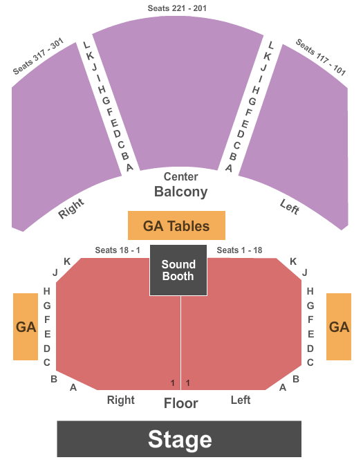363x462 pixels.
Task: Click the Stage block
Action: pos(179,438)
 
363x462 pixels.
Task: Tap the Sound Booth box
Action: pos(178,270)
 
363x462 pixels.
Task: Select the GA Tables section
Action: pos(176,225)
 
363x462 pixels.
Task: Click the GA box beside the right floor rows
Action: pos(26,326)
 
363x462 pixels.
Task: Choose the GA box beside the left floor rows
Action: pos(339,326)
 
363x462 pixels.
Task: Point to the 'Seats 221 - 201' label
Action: pos(177,8)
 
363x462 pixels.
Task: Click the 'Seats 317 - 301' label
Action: pos(38,56)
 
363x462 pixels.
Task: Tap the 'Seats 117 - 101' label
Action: pos(321,57)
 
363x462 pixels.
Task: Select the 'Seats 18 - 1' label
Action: pos(118,250)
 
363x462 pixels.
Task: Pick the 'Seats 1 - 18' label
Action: pos(239,250)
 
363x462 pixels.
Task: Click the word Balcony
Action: pos(181,192)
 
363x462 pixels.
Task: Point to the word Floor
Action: pos(181,403)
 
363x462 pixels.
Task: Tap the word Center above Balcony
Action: pos(181,176)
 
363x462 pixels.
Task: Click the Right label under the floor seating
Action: pos(121,400)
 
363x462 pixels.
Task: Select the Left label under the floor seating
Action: pos(241,400)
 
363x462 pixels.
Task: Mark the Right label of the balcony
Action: pos(71,209)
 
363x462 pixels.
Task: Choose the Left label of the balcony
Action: pos(290,206)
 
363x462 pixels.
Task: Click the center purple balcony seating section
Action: pos(178,94)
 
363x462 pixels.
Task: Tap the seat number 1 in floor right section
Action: pos(173,382)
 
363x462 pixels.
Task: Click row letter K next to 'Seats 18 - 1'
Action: pos(67,261)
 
